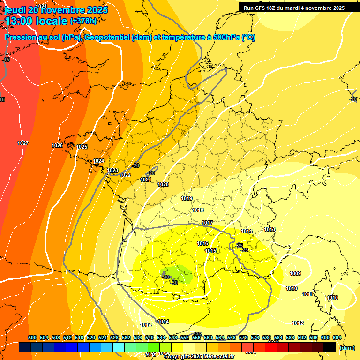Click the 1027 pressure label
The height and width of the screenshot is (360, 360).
click(23, 143)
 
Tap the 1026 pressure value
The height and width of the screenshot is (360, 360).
click(57, 146)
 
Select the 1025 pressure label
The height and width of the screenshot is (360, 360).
click(82, 147)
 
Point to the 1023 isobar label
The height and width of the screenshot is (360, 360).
click(112, 170)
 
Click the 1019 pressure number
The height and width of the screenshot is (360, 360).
click(187, 199)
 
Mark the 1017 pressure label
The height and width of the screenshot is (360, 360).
click(207, 223)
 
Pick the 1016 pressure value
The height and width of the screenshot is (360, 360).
click(202, 243)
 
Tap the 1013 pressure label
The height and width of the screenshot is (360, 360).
click(270, 229)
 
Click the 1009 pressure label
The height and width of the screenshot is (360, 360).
click(295, 273)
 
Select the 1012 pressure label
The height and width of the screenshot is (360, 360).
click(298, 323)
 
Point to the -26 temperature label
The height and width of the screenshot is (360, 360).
click(239, 246)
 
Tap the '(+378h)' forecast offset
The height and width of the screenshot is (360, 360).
click(84, 21)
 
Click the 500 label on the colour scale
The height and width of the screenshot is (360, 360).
click(32, 337)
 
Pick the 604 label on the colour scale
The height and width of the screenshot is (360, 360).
click(337, 337)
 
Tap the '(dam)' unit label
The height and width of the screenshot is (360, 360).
click(347, 348)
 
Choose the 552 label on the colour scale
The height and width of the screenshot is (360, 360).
click(185, 337)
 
